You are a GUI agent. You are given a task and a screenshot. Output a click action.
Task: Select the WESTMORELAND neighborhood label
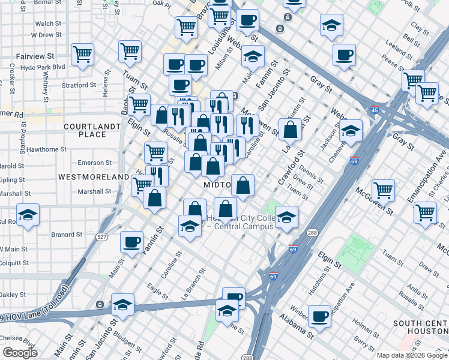pos(94,177)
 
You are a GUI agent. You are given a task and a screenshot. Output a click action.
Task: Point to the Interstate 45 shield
pos(375,110)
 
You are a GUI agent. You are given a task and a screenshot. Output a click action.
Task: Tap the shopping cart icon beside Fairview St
pos(82,53)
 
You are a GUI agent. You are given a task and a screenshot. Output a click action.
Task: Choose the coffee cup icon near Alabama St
pos(319,316)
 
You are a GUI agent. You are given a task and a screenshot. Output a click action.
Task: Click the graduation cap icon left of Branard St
pos(27,215)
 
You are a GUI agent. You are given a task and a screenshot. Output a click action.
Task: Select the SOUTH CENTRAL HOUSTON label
pos(420,328)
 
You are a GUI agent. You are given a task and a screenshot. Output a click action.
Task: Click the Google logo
pos(20,352)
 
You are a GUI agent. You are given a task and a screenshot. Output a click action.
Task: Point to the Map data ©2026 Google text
pos(412,355)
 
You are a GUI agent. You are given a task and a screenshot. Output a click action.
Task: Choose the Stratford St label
pos(79,85)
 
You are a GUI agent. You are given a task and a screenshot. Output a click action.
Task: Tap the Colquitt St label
pos(14,262)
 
